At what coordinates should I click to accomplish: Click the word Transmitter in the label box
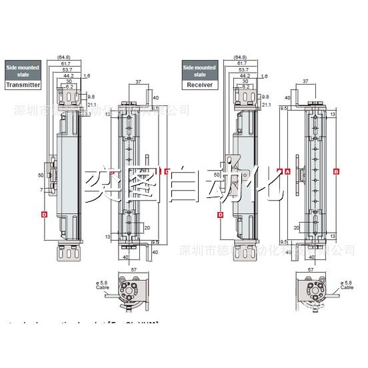pos(23,85)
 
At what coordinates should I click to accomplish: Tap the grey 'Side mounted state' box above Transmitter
pos(23,71)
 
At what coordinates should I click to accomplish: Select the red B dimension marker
pos(336,171)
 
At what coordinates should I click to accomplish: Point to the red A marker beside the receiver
pos(287,171)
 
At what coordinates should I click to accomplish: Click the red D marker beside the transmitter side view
pos(44,214)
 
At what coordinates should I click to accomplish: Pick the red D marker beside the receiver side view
pos(220,214)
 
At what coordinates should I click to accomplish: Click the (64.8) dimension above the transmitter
pos(64,57)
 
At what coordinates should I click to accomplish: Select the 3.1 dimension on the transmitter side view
pos(87,113)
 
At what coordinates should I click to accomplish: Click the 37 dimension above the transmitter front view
pos(138,83)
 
